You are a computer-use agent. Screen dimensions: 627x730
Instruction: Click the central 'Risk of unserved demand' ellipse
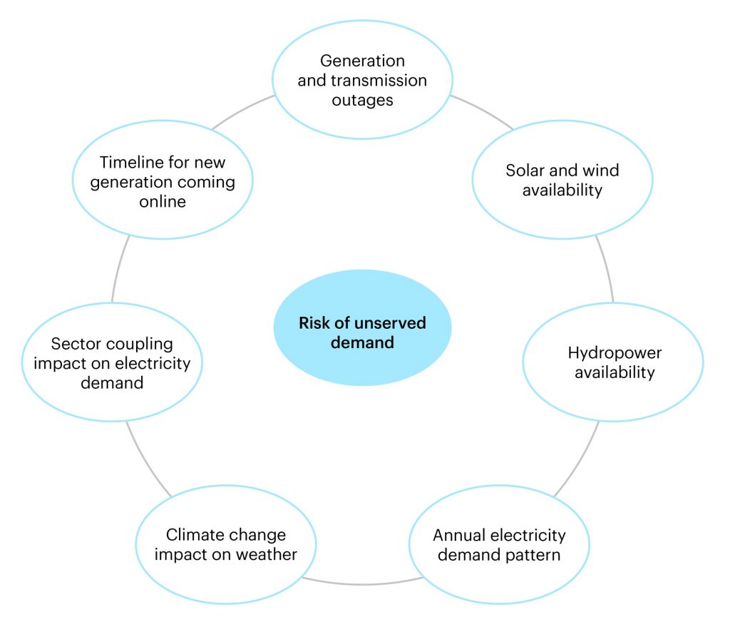click(362, 332)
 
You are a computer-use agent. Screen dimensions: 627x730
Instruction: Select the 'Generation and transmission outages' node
click(362, 80)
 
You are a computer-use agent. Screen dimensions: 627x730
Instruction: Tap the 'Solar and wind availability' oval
click(562, 180)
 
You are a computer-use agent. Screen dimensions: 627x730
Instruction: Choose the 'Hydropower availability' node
click(613, 362)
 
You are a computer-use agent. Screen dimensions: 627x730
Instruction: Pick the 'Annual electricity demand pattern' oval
click(499, 544)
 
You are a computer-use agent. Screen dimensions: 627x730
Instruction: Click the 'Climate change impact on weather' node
click(226, 544)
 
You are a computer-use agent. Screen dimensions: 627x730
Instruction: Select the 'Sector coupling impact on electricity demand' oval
click(112, 363)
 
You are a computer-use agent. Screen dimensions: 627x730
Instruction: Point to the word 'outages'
click(362, 100)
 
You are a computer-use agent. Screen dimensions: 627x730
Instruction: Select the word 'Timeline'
click(127, 162)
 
